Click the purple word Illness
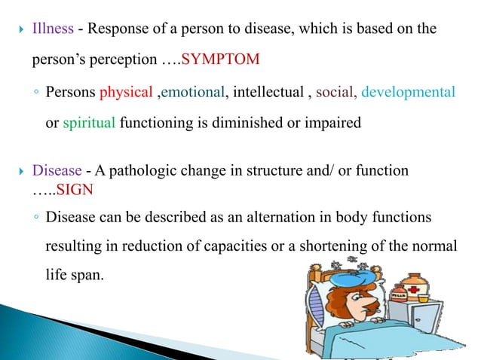pos(53,29)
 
